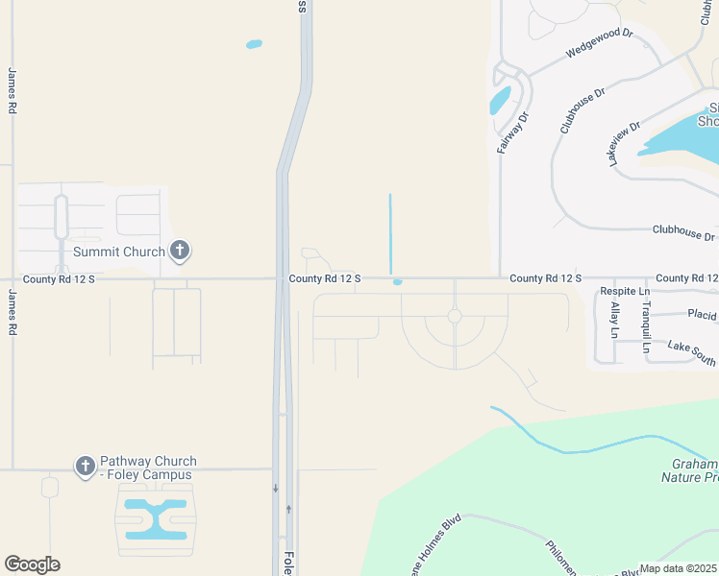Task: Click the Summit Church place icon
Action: (x=179, y=251)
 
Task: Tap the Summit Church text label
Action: (x=119, y=252)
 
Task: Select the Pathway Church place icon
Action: (x=85, y=467)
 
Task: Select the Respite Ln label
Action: (x=625, y=291)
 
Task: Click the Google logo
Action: (x=32, y=564)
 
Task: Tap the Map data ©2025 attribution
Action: (x=678, y=568)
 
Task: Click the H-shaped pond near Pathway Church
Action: (x=155, y=517)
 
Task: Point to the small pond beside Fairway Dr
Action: (x=500, y=100)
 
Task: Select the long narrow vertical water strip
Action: (x=390, y=233)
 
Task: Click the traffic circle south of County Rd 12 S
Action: (x=455, y=316)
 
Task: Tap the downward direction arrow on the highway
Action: (x=275, y=489)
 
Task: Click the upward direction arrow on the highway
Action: (x=288, y=509)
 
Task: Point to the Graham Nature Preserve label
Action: (x=690, y=468)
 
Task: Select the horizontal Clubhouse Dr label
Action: (x=683, y=234)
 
